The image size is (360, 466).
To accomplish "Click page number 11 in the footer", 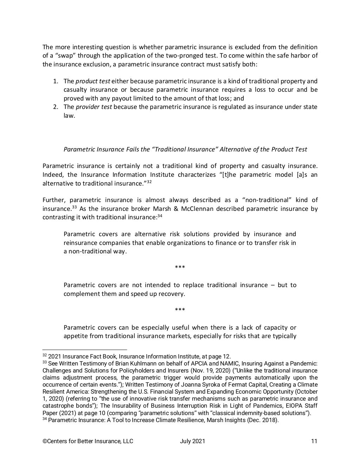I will pyautogui.click(x=314, y=441).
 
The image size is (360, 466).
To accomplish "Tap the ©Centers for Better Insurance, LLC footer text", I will pyautogui.click(x=88, y=441).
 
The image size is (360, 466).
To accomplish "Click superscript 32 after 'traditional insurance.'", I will pyautogui.click(x=149, y=182).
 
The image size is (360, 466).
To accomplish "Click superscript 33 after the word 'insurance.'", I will pyautogui.click(x=75, y=207).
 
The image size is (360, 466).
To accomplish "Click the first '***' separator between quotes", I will pyautogui.click(x=180, y=268).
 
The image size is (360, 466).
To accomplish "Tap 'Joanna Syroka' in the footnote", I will pyautogui.click(x=206, y=384).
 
